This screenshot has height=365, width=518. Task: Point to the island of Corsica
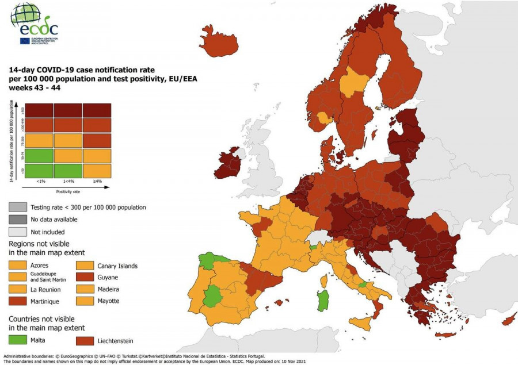pos(324,281)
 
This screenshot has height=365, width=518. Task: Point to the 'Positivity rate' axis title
pos(67,191)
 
